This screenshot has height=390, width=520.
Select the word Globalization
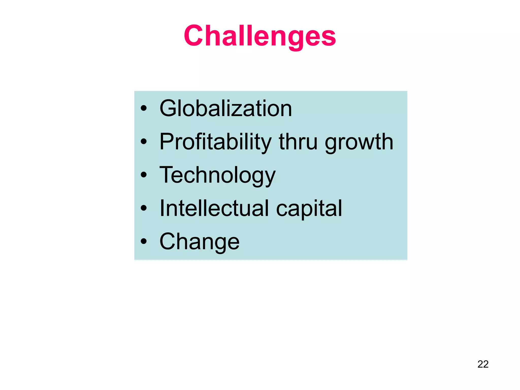226,108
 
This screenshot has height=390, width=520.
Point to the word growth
359,142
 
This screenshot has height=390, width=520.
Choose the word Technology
217,175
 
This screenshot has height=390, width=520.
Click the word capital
309,209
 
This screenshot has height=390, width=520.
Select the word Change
199,241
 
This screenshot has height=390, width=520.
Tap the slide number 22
483,364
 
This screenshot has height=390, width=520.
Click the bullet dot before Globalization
144,108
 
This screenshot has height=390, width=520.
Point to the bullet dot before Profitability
144,142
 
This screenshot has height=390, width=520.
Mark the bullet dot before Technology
144,175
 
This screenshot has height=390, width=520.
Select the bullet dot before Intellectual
144,208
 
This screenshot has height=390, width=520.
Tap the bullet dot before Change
144,241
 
